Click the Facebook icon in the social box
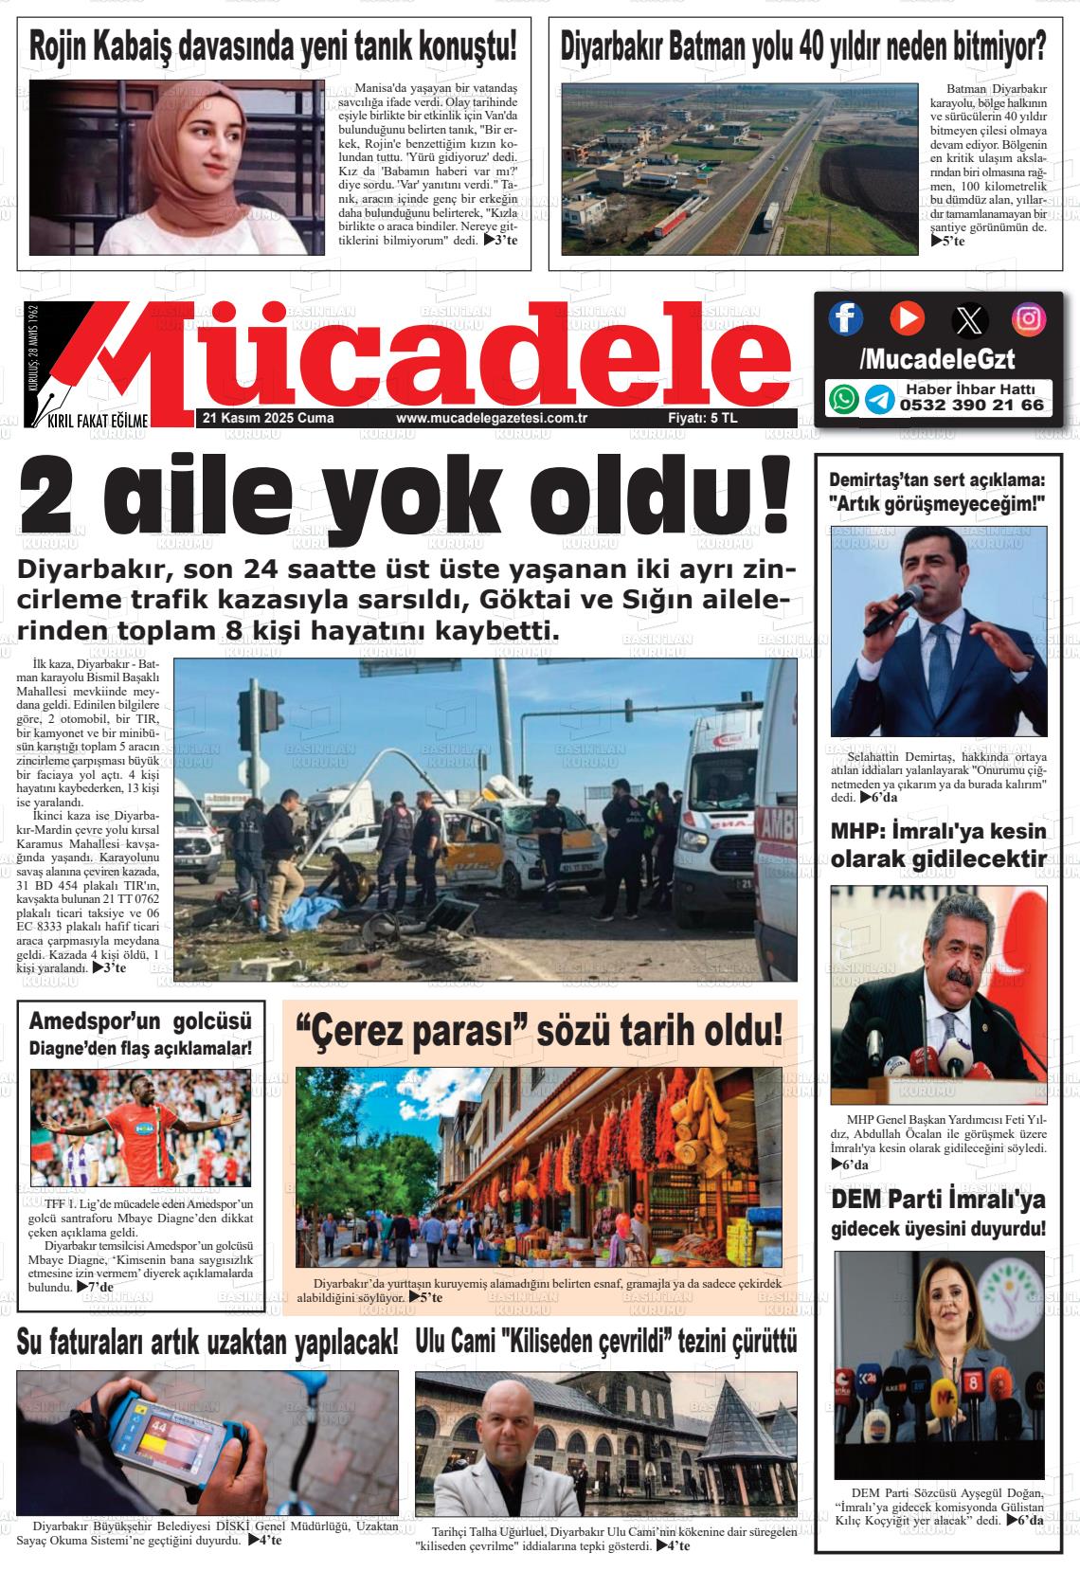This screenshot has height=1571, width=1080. (x=845, y=318)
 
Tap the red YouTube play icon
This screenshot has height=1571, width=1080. (x=907, y=317)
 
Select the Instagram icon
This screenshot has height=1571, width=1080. (x=1028, y=318)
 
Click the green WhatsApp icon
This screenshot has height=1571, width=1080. (x=843, y=399)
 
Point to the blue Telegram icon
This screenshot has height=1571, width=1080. (x=879, y=399)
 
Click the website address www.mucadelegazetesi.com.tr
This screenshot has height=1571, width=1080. (x=493, y=419)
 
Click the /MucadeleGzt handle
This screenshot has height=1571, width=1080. (x=936, y=359)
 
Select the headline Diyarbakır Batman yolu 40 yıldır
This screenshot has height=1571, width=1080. (x=802, y=45)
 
